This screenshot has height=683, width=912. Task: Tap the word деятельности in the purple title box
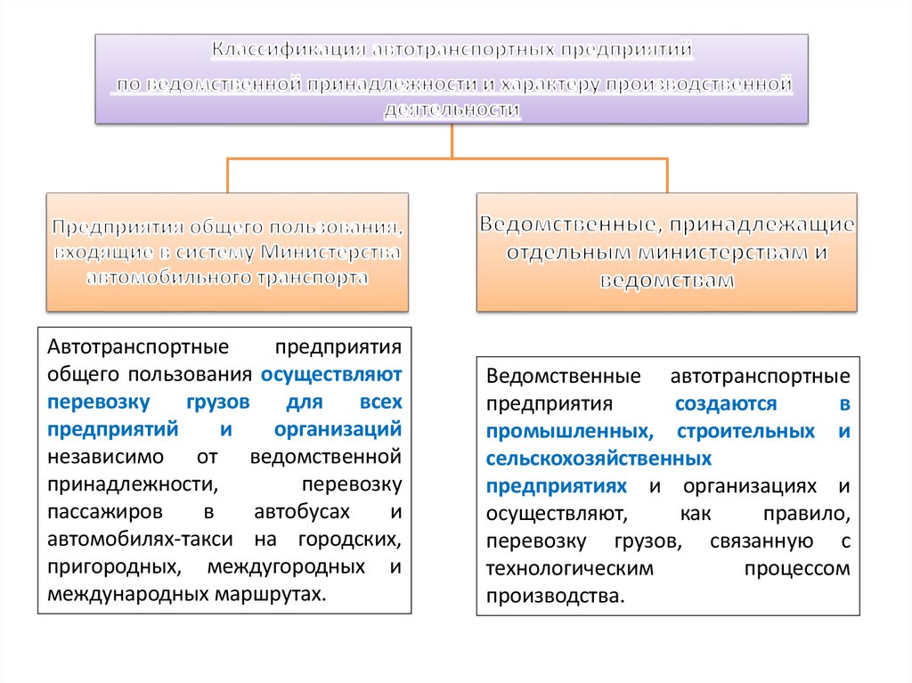coord(452,110)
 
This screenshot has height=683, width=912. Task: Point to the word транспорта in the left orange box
coord(310,277)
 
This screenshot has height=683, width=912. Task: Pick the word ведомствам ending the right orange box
coord(667,280)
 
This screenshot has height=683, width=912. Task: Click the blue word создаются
coord(726,403)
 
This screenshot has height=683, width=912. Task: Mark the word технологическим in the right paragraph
coord(570,568)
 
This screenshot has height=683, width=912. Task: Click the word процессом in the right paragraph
coord(793,568)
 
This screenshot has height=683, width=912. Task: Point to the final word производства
coord(552,596)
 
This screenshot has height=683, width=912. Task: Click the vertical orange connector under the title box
coord(452,141)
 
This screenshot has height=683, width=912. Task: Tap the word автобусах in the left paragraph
coord(297,512)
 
